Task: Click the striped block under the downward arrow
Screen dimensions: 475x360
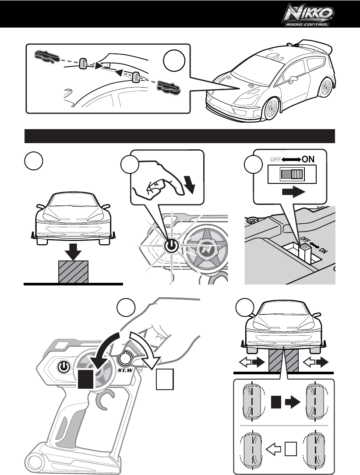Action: click(74, 271)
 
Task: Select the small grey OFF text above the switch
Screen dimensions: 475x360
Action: click(275, 159)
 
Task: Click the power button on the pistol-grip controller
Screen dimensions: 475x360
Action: click(64, 366)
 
